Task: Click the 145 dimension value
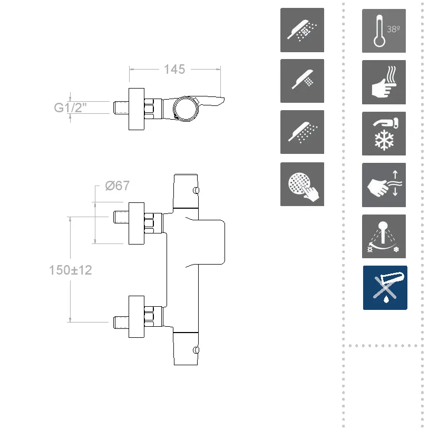click(174, 69)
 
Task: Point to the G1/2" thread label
click(70, 108)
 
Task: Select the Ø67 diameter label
click(117, 186)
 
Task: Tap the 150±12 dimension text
click(70, 270)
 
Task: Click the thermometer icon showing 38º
click(384, 31)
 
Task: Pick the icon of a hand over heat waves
click(384, 82)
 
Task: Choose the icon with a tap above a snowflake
click(384, 134)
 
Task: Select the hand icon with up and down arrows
click(384, 185)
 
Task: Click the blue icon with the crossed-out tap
click(385, 288)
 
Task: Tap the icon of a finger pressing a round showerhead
click(302, 184)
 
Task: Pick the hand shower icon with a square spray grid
click(302, 81)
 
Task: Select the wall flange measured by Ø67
click(136, 223)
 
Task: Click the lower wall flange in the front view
click(136, 315)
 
